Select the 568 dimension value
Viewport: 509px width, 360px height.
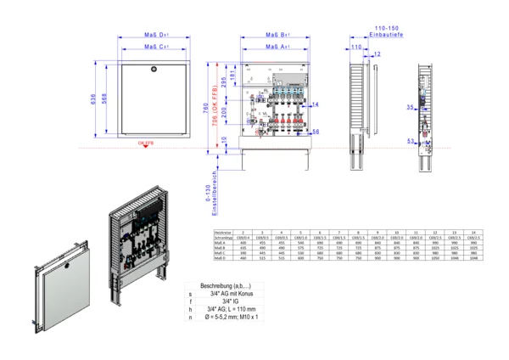104,98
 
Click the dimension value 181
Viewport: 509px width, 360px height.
232,79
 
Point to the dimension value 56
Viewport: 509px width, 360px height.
315,132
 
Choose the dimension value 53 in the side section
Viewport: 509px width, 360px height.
410,141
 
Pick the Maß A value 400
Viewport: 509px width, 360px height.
243,242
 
